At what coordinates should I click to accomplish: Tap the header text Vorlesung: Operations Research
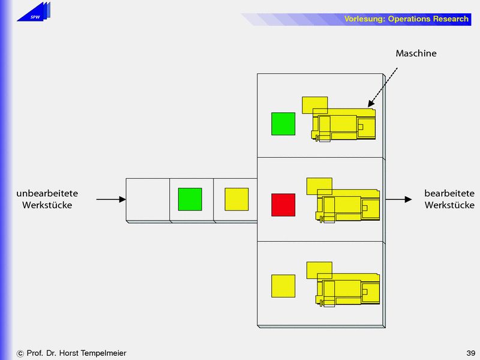tap(406, 19)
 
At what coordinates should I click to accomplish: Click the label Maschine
tap(416, 53)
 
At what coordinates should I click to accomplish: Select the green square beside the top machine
tap(283, 124)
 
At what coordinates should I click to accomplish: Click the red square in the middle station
tap(283, 205)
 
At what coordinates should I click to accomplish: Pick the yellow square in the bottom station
tap(283, 286)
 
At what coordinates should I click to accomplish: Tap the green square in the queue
tap(190, 199)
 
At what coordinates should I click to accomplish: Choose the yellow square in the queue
tap(236, 199)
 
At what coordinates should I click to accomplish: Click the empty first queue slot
tap(148, 199)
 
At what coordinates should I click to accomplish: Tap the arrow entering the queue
tap(111, 199)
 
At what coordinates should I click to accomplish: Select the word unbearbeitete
tap(47, 194)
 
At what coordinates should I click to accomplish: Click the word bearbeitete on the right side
tap(449, 194)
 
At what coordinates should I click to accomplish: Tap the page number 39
tap(470, 353)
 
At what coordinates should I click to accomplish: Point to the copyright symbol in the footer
tap(20, 353)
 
